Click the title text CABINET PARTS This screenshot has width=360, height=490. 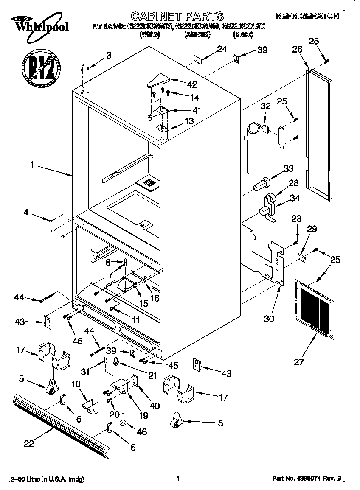pyautogui.click(x=177, y=17)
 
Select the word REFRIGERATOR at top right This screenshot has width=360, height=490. pyautogui.click(x=308, y=16)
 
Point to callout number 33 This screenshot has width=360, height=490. pyautogui.click(x=288, y=168)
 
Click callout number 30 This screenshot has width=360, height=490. pyautogui.click(x=269, y=319)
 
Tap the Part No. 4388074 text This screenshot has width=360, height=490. pyautogui.click(x=307, y=479)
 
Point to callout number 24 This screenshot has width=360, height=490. pyautogui.click(x=222, y=49)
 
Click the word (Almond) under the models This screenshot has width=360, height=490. pyautogui.click(x=197, y=35)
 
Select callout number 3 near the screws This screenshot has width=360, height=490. pyautogui.click(x=109, y=55)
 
